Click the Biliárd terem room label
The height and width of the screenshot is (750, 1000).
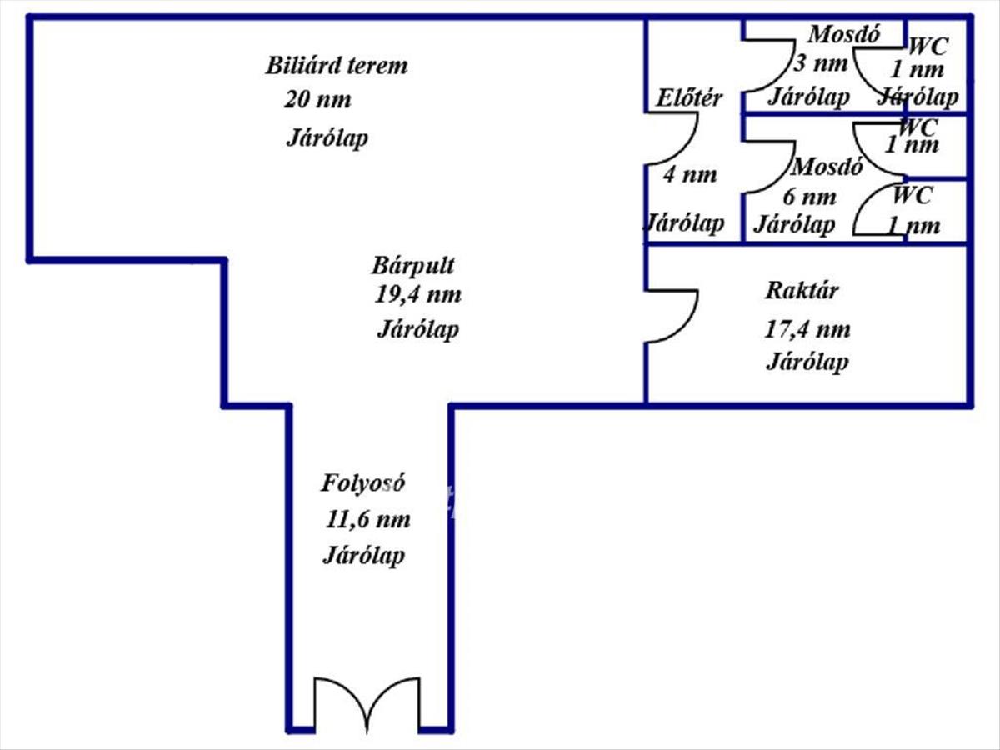pyautogui.click(x=337, y=66)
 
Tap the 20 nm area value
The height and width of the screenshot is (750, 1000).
pyautogui.click(x=317, y=101)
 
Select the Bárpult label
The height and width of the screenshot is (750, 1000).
pyautogui.click(x=413, y=266)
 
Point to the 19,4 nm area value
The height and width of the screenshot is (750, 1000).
pyautogui.click(x=418, y=294)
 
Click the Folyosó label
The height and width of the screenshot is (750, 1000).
pyautogui.click(x=364, y=482)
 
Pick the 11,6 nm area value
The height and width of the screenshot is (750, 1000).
pyautogui.click(x=368, y=520)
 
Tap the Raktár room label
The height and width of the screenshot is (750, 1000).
pyautogui.click(x=802, y=292)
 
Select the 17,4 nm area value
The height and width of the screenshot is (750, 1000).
pyautogui.click(x=807, y=329)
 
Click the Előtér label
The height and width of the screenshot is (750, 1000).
pyautogui.click(x=689, y=98)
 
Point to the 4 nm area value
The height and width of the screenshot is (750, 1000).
pyautogui.click(x=689, y=175)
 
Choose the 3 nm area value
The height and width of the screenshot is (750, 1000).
pyautogui.click(x=820, y=63)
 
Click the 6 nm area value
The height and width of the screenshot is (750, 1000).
pyautogui.click(x=809, y=197)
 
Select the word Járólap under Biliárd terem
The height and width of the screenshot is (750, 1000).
pyautogui.click(x=327, y=138)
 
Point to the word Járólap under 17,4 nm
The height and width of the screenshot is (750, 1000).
pyautogui.click(x=807, y=362)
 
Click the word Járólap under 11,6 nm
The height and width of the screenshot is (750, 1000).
pyautogui.click(x=363, y=556)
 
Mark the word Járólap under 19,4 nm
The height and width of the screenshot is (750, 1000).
pyautogui.click(x=417, y=329)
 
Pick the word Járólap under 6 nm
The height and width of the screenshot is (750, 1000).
pyautogui.click(x=794, y=224)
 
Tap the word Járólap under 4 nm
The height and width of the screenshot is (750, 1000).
pyautogui.click(x=683, y=223)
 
